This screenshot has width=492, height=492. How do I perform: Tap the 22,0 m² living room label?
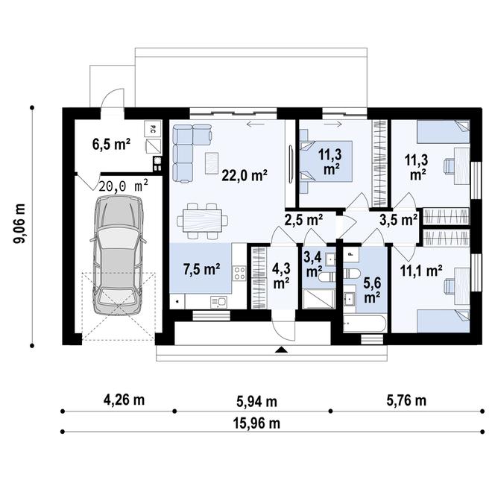(245, 176)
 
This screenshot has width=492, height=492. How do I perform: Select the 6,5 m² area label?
(112, 144)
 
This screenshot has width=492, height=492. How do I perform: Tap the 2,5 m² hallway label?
(303, 221)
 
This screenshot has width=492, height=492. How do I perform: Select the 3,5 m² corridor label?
(398, 221)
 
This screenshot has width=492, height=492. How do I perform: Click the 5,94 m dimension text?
(256, 401)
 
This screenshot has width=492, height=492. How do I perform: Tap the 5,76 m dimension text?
(406, 400)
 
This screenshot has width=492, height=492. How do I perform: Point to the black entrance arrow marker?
(281, 350)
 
